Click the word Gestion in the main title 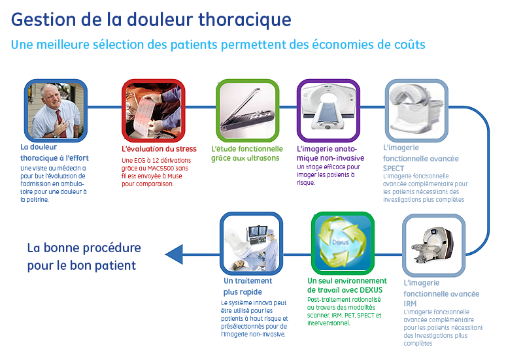click(44, 20)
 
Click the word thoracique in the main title click(245, 20)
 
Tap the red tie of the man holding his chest click(61, 123)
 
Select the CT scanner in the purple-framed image click(328, 106)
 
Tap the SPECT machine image click(416, 109)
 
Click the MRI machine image click(433, 244)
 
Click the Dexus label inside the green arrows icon click(340, 242)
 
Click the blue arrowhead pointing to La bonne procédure click(174, 254)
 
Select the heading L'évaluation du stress click(159, 149)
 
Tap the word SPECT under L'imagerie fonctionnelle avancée click(394, 169)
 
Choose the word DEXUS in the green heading click(371, 290)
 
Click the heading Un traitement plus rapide click(248, 286)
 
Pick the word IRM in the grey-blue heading click(410, 304)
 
